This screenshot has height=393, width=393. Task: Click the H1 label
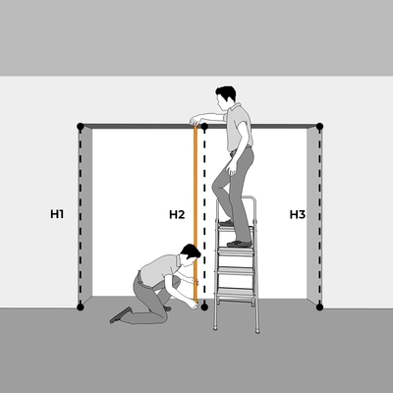point(57,214)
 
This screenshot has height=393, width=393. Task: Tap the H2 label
point(177,214)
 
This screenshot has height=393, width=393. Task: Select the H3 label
point(298,214)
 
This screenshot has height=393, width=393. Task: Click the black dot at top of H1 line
point(81,126)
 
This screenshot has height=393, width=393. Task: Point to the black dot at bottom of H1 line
point(81,307)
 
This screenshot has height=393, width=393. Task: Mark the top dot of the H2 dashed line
point(204,126)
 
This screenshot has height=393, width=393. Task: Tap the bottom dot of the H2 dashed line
point(204,307)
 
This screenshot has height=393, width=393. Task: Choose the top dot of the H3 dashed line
point(320,126)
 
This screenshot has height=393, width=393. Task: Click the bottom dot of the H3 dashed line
point(320,307)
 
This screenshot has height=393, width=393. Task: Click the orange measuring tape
point(196,213)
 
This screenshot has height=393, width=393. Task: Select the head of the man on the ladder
point(225,97)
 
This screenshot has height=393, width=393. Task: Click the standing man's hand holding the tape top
point(196,120)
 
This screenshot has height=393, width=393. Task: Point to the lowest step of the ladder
point(236,292)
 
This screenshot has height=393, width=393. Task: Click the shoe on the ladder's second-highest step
point(240,244)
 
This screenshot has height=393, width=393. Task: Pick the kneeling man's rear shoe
point(121,315)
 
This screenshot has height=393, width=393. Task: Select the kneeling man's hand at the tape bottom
point(194,305)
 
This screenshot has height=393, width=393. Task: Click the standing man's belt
point(242,149)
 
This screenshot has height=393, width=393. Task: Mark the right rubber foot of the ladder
point(257,331)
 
